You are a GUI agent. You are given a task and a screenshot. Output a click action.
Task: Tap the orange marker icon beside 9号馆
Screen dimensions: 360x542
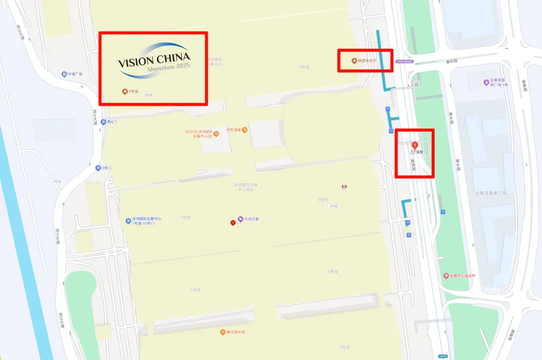click(125, 91)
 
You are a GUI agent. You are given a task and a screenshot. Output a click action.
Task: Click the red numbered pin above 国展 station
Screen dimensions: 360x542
click(415, 145)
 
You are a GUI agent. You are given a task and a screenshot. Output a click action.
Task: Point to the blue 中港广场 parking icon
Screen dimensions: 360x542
click(65, 74)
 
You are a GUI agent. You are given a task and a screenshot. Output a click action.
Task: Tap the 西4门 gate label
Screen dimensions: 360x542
click(111, 122)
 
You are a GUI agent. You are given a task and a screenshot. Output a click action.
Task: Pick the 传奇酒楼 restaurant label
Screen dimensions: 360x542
click(234, 130)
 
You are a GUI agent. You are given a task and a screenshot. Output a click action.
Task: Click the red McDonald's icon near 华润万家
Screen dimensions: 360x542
click(233, 222)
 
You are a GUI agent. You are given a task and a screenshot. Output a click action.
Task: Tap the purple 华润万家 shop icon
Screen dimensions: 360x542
click(241, 219)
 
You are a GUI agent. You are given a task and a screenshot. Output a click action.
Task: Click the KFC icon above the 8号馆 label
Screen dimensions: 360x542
click(344, 187)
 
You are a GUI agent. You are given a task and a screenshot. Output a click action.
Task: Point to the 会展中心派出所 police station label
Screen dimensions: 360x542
click(462, 276)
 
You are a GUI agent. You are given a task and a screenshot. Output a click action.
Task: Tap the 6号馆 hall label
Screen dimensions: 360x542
click(333, 272)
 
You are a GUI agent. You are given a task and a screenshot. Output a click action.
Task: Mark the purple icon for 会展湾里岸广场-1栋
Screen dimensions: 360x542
click(486, 82)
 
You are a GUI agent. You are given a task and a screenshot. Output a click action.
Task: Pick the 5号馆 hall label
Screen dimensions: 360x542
click(195, 290)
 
